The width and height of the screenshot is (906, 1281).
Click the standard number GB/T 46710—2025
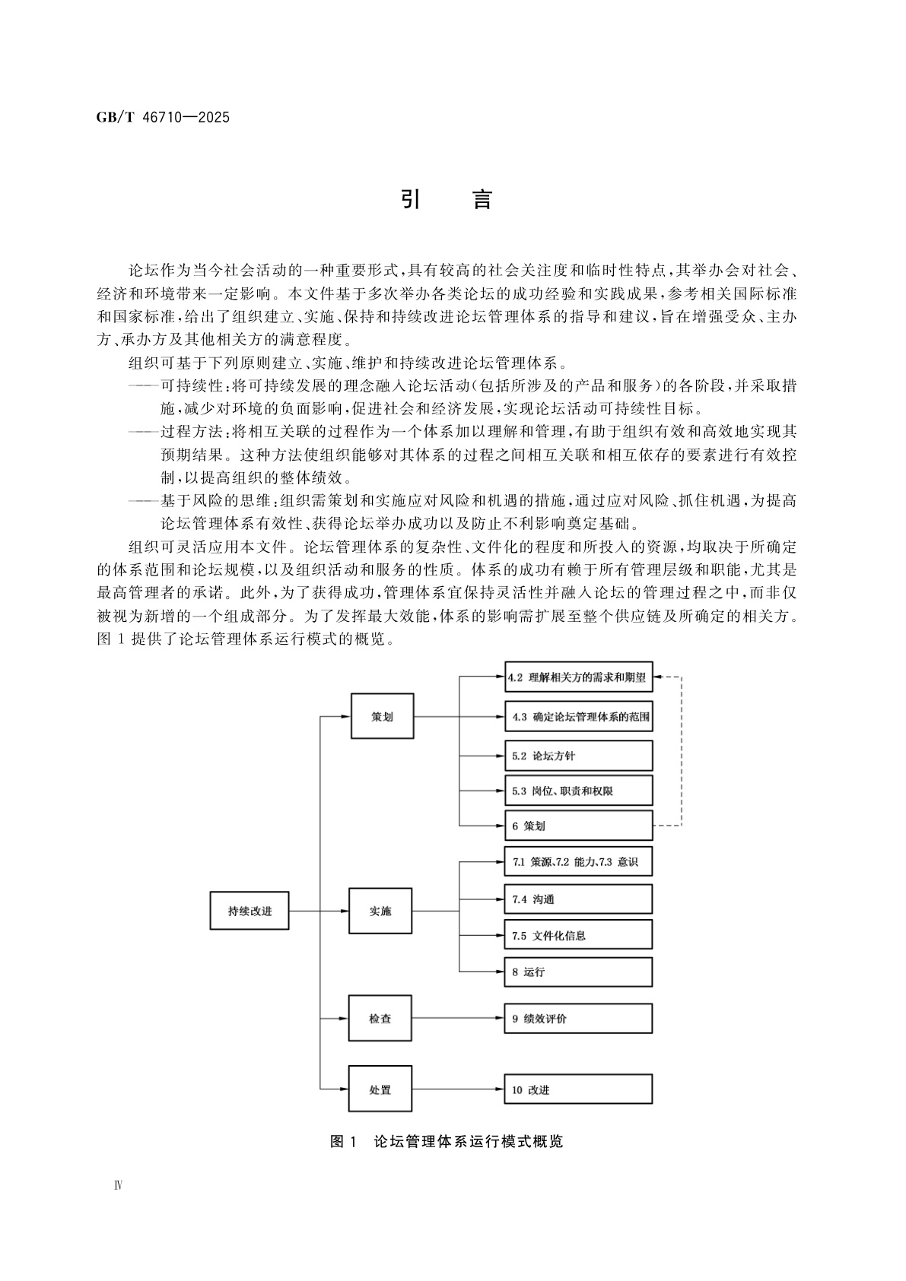click(164, 118)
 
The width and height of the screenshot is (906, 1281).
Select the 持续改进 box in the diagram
click(250, 911)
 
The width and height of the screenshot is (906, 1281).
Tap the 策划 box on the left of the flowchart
click(382, 716)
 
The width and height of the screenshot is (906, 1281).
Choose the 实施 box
click(380, 911)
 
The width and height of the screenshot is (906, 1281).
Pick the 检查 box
click(380, 1019)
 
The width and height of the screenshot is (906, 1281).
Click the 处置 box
click(380, 1089)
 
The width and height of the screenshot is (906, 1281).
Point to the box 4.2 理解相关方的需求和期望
click(578, 677)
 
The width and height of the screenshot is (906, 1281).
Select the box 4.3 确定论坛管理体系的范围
click(578, 716)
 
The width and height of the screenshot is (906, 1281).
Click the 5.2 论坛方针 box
click(578, 756)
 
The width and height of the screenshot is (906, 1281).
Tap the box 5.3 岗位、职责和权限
click(578, 791)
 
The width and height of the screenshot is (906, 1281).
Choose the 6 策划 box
click(578, 826)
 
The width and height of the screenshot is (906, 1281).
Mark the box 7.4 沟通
click(578, 899)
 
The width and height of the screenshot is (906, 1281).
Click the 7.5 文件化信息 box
click(578, 935)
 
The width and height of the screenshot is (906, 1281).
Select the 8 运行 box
click(578, 972)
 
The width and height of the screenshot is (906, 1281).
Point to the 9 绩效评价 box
click(578, 1019)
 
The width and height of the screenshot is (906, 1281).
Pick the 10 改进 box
click(578, 1089)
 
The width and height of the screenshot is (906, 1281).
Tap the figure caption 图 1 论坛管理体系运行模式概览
click(447, 1142)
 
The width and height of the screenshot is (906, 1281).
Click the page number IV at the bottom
click(118, 1186)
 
